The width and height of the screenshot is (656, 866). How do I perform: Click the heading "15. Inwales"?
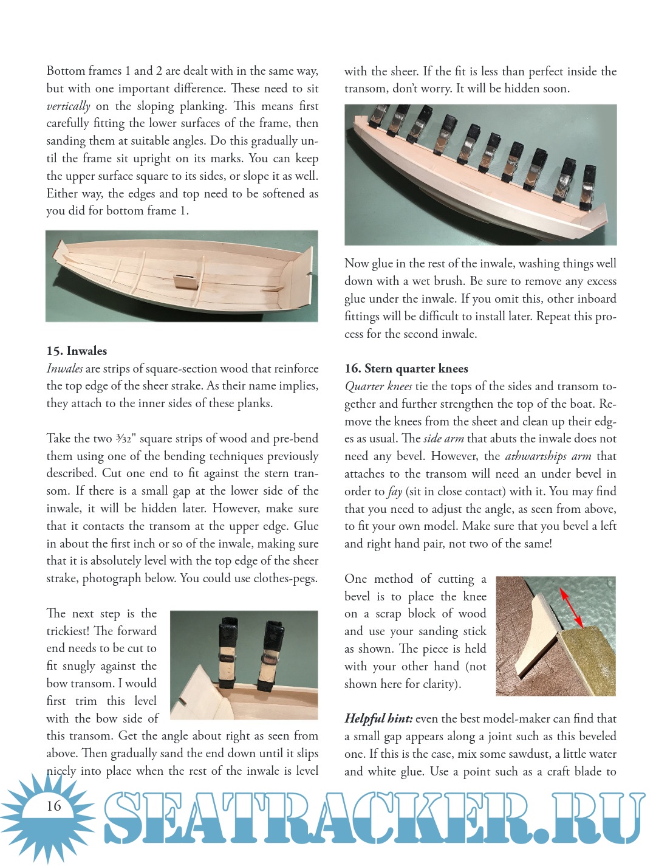(x=77, y=351)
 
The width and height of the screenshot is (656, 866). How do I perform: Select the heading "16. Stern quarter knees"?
(x=406, y=368)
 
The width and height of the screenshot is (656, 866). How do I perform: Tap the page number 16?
(x=54, y=806)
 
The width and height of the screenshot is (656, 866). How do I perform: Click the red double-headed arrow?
(x=571, y=607)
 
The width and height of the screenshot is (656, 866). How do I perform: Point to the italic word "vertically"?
(x=68, y=106)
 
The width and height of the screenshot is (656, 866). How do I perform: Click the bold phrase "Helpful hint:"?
(x=378, y=718)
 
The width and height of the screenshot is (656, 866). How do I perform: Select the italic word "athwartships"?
(x=536, y=456)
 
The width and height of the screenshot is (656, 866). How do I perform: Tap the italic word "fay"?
(x=395, y=491)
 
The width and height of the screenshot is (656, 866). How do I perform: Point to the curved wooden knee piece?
(x=535, y=632)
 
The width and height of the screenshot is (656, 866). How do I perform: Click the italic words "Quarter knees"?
(x=378, y=386)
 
